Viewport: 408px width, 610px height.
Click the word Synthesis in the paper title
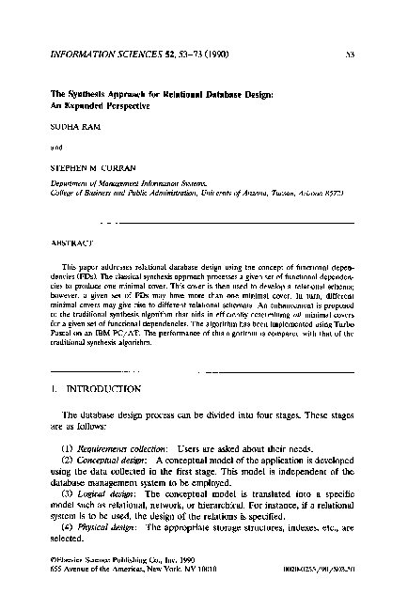tap(85, 93)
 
